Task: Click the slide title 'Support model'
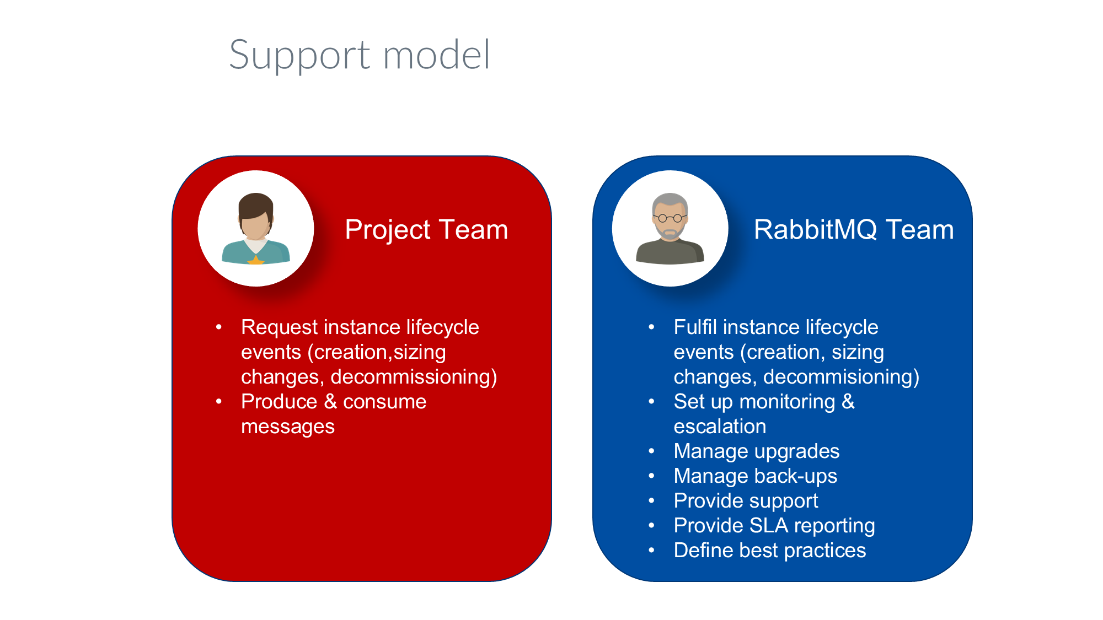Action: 359,56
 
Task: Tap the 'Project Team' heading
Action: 426,229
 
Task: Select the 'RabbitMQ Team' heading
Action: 854,229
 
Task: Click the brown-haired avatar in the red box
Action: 256,228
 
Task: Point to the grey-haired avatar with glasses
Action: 670,228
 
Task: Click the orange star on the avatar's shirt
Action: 256,260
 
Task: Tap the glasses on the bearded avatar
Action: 670,218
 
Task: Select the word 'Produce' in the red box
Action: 279,402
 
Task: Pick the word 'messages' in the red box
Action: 288,427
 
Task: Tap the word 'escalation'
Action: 720,427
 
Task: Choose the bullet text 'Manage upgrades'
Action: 757,451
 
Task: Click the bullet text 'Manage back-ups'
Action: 756,476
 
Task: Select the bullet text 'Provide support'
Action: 746,501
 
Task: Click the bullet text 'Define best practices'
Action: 770,551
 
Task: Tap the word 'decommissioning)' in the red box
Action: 414,377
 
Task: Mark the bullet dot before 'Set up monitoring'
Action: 651,402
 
